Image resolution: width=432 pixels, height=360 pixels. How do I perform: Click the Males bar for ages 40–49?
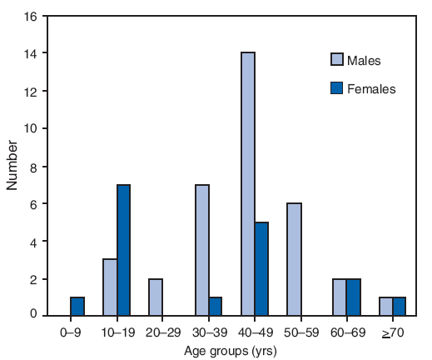coord(248,184)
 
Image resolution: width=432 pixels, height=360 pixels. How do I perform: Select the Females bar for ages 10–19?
coord(123,251)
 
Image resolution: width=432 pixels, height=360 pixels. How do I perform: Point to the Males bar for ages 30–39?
coord(202,251)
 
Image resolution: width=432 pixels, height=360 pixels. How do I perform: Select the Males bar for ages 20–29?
coord(156,297)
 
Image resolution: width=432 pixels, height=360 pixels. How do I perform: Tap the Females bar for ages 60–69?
coord(353,297)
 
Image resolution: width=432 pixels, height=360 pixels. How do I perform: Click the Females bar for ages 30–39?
coord(216,307)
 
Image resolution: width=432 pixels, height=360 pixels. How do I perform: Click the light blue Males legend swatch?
coord(337,60)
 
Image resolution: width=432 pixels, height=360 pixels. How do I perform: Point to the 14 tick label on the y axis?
coord(32,53)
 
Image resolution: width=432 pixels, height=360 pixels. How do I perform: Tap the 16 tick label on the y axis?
coord(32,16)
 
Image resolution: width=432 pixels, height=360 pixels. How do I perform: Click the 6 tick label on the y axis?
coord(35,204)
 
